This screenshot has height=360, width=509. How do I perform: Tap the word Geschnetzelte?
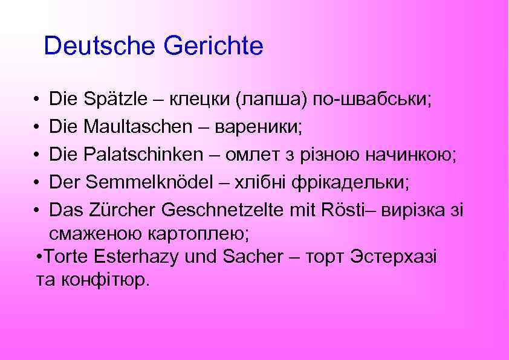pos(229,210)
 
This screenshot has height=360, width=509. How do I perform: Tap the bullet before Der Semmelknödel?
pos(37,182)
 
